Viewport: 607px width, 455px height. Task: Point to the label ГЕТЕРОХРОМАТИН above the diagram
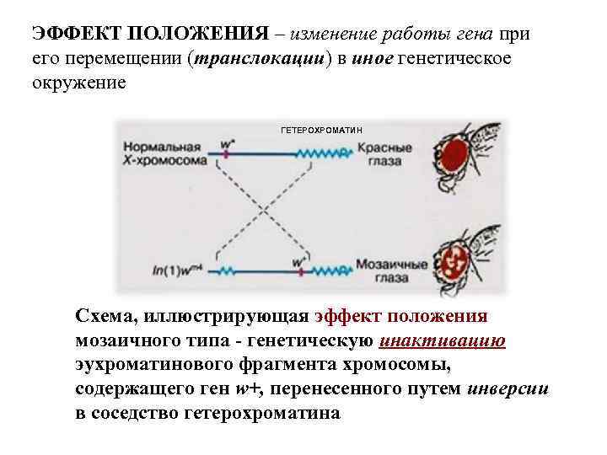coord(320,131)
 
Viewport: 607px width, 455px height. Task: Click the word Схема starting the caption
coord(105,316)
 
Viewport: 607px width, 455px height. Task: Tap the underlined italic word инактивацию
coord(443,340)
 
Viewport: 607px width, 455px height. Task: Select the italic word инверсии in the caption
coord(509,389)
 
